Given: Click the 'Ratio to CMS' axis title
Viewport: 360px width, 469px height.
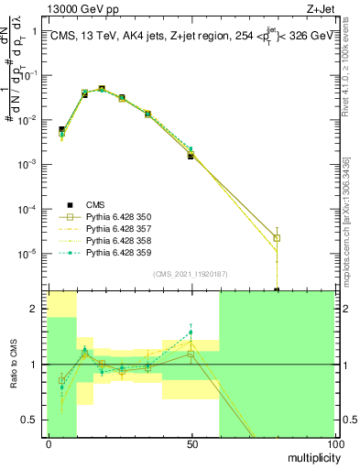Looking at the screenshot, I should point(14,365).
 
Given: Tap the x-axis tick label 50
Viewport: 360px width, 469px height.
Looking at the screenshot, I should point(191,443).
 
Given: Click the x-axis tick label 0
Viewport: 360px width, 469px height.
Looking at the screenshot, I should point(48,443).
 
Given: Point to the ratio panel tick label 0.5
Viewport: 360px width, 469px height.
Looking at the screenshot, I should point(33,420).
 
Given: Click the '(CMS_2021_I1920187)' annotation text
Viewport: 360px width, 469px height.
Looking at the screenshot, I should point(191,274).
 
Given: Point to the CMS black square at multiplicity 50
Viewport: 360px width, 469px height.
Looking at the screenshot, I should point(191,156).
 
